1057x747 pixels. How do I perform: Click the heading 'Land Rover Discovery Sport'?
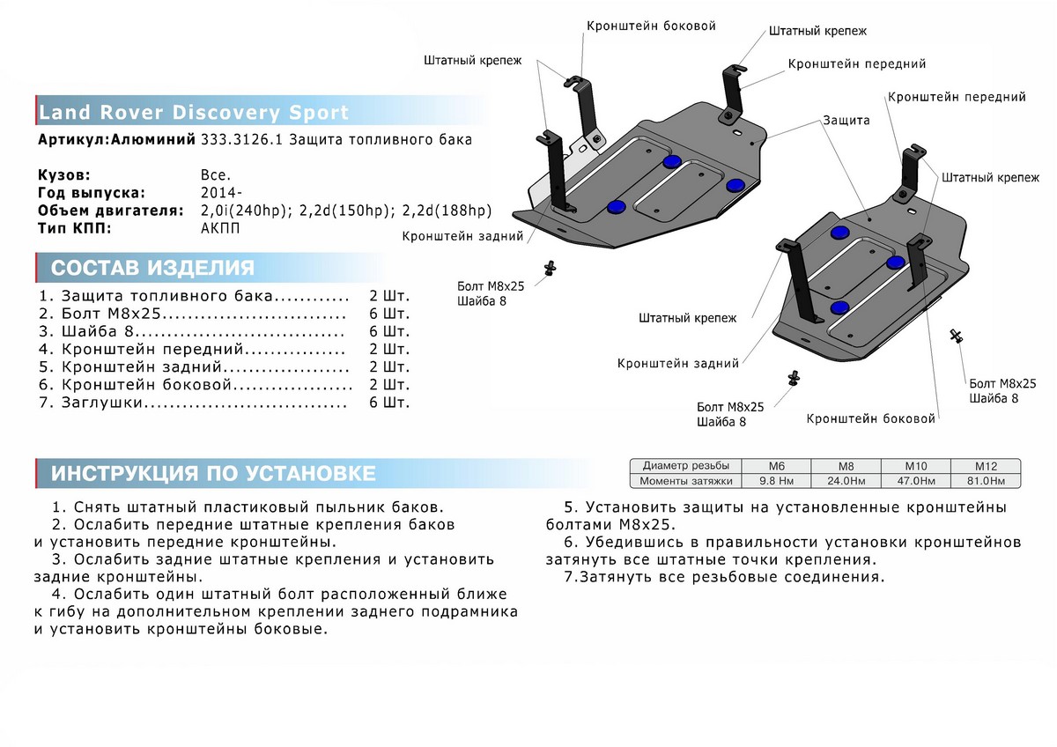pos(194,113)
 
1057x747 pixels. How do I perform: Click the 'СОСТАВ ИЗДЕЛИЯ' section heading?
pos(153,269)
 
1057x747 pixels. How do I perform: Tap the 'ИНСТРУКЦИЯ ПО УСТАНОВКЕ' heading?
pos(213,473)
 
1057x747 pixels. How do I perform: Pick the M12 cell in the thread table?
pos(984,466)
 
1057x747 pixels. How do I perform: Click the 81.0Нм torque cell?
pos(984,481)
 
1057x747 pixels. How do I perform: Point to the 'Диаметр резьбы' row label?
pos(685,466)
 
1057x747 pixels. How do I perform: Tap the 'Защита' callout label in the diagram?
pos(846,120)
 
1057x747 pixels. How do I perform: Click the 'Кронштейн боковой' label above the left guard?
pos(651,26)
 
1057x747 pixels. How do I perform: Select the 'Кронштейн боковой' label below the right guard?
pos(870,419)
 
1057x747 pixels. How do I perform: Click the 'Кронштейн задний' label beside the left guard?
pos(462,236)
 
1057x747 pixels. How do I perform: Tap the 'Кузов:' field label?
pos(64,175)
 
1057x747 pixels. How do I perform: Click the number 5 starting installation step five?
pos(569,508)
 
